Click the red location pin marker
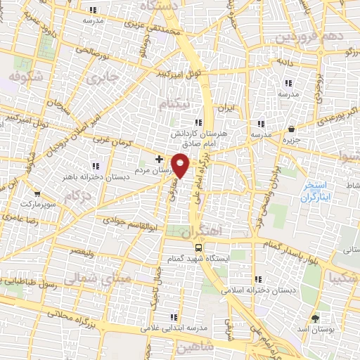[181, 165]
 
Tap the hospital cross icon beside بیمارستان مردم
[159, 160]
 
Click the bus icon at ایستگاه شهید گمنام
[200, 247]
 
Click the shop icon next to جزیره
[291, 129]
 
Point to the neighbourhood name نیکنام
[174, 104]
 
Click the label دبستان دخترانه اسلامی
[259, 289]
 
